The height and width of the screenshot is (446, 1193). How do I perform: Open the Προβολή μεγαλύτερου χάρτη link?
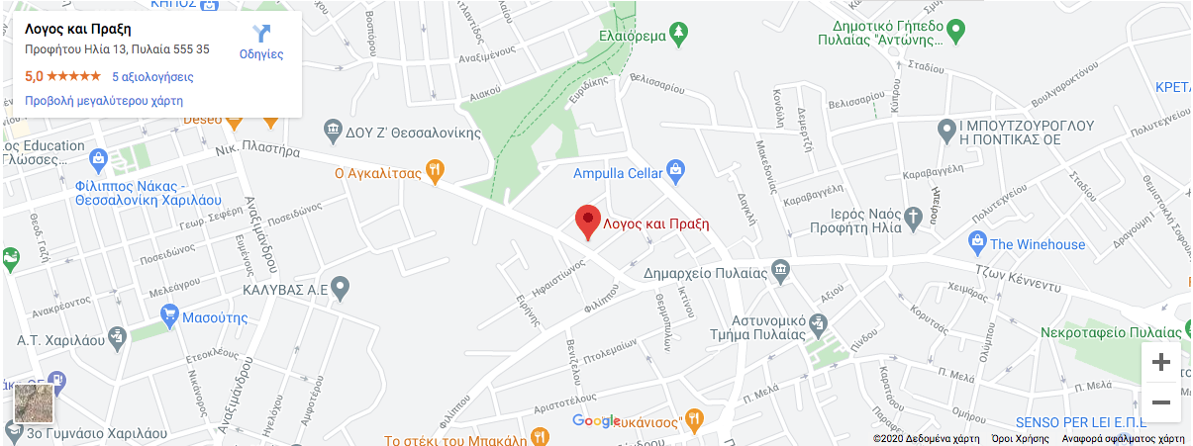104,101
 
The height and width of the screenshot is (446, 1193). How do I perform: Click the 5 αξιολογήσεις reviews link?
152,76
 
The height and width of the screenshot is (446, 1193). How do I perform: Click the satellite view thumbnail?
34,404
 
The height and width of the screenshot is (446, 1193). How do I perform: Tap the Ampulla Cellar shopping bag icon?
676,172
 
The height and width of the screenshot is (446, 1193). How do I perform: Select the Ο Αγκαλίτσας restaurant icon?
433,172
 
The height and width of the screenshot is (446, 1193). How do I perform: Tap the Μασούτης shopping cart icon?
169,317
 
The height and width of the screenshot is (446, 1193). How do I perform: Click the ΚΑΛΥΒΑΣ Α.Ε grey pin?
341,290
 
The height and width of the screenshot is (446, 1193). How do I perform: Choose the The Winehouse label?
1037,244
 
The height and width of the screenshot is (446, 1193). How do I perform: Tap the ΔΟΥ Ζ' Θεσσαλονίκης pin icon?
333,130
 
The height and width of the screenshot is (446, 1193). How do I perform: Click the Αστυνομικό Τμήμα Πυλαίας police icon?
818,322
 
